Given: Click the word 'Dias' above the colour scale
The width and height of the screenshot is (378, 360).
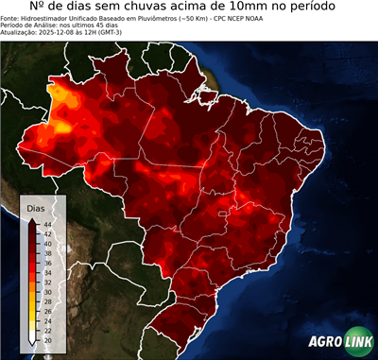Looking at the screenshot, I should [x=36, y=207].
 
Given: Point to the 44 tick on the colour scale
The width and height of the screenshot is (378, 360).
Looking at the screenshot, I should [x=46, y=224].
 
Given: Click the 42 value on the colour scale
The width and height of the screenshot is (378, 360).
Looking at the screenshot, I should [x=46, y=233].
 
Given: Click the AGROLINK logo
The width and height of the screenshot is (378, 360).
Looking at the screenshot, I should [x=339, y=341].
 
